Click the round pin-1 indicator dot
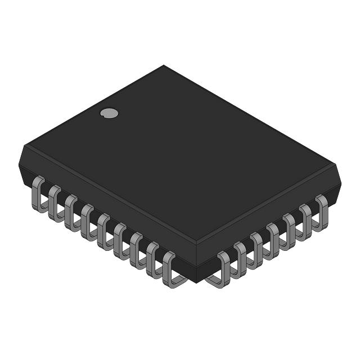tap(109, 113)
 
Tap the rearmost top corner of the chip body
tap(164, 66)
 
